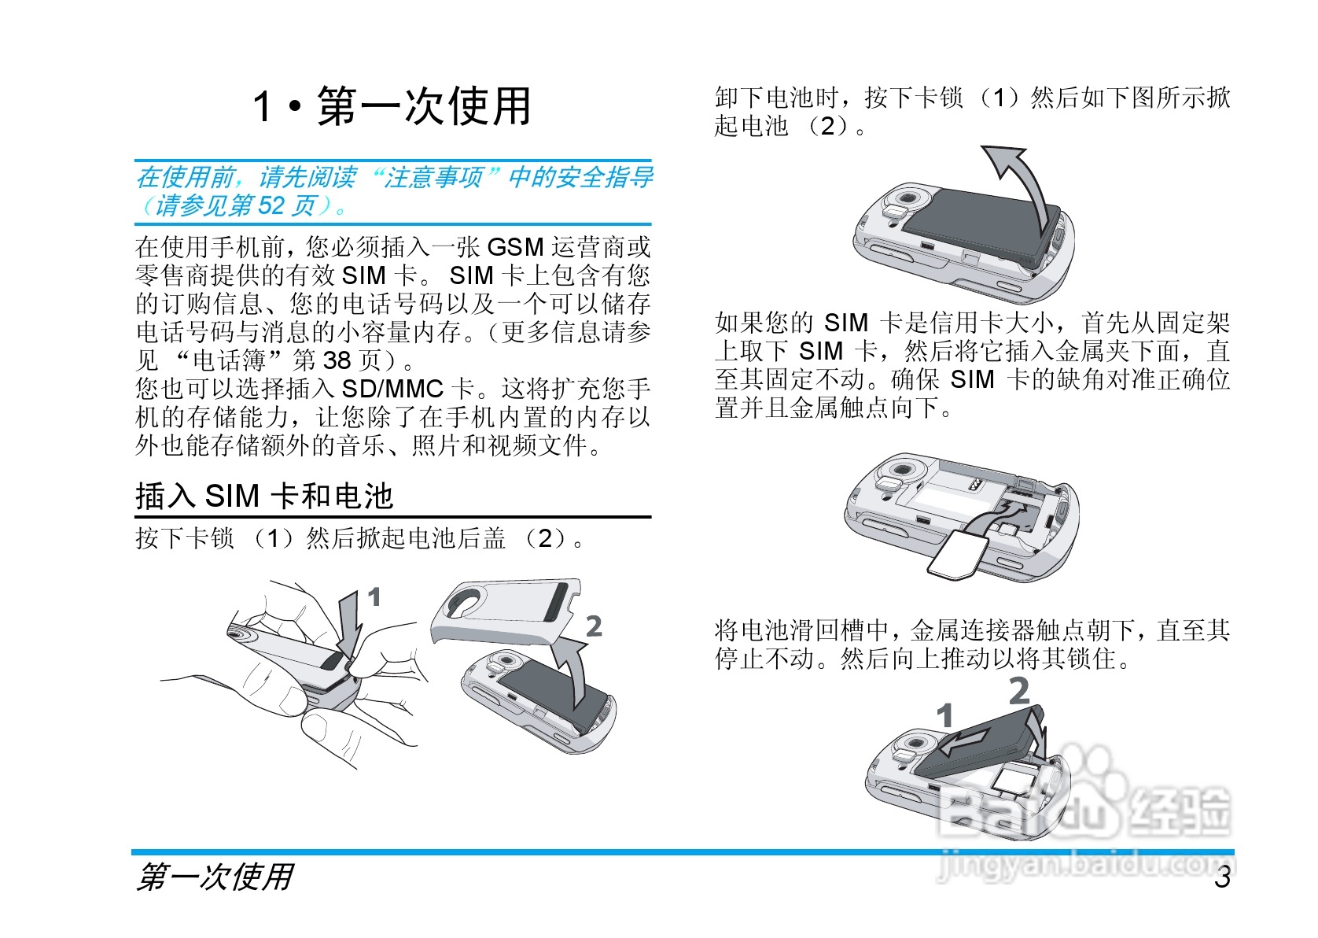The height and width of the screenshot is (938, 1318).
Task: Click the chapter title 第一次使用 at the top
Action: coord(424,106)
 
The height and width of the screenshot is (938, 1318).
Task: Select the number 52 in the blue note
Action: coord(271,205)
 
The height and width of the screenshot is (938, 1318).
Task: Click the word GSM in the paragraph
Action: coord(515,247)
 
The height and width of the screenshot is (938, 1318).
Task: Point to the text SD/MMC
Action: coord(392,389)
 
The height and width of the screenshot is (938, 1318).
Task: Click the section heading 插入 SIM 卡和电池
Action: coord(264,495)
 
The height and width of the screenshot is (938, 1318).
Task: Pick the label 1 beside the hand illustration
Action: coord(374,597)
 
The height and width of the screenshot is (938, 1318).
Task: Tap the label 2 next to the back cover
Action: coord(595,626)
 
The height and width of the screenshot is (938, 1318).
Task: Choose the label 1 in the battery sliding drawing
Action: coord(944,715)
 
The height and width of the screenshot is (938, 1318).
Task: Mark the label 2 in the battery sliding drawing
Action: coord(1019,691)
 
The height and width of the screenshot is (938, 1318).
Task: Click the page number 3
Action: coord(1223,878)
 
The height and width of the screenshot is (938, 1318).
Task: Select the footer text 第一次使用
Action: coord(215,877)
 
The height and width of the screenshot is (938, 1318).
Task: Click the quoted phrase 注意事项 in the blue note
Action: coord(433,177)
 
